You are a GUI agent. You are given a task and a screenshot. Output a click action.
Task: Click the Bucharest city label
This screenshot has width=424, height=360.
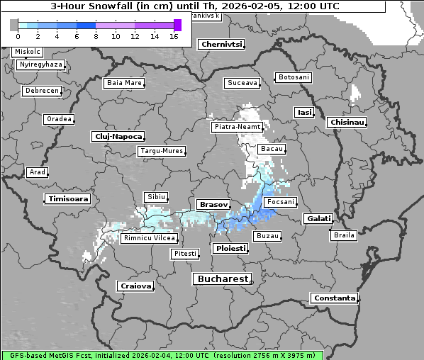point(222,279)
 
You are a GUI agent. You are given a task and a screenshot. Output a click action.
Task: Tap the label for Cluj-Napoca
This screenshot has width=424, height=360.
point(118,136)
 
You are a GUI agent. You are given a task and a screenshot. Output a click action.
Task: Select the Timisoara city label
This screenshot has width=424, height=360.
point(68,199)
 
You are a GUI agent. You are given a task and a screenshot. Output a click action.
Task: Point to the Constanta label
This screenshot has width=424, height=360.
point(334,298)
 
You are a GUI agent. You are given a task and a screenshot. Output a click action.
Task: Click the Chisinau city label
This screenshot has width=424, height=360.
point(347,123)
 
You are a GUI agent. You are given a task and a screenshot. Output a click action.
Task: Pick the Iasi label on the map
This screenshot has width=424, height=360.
point(304,112)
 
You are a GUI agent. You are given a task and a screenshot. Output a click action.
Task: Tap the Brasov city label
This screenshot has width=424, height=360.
point(213,204)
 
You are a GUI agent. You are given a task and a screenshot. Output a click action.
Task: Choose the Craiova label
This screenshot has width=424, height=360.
point(135,286)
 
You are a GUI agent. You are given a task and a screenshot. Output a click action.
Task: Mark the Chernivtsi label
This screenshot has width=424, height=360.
point(221,44)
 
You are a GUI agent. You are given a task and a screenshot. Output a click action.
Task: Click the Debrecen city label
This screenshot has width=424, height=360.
point(40,91)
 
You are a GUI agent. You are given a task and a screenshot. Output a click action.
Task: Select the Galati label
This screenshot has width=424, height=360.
point(318,218)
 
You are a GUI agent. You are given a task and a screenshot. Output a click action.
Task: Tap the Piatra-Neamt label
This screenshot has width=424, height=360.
point(237,127)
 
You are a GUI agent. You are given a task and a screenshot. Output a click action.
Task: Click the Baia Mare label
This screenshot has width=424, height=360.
point(124,83)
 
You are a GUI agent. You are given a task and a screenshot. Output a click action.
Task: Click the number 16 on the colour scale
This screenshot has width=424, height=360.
point(174,36)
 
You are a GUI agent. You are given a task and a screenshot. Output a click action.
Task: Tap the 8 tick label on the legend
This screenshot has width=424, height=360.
point(96,36)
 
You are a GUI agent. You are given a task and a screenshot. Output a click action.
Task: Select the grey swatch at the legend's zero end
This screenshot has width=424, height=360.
point(14,25)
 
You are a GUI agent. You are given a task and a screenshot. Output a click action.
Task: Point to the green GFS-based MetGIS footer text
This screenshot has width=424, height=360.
point(162,355)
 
